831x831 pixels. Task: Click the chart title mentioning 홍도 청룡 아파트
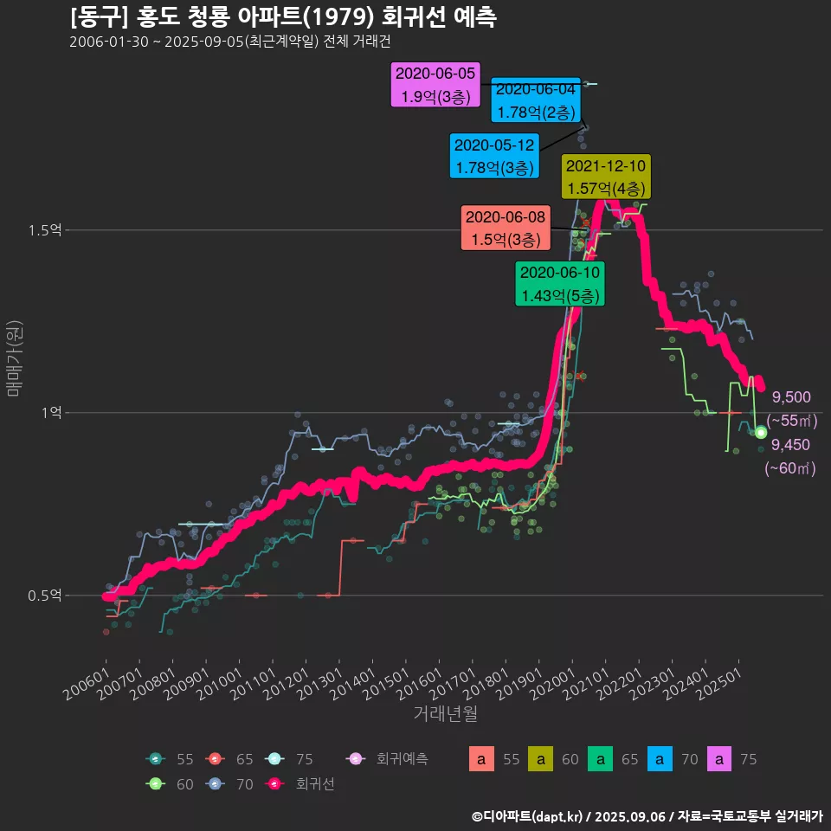coord(283,17)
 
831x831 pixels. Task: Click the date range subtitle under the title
coord(230,42)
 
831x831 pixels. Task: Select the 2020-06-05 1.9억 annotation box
coord(436,85)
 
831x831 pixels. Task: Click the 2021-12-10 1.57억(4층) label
coord(605,177)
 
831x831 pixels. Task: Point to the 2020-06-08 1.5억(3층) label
coord(506,228)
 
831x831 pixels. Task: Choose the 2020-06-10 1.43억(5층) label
coord(560,284)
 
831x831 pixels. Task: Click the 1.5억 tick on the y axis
coord(44,230)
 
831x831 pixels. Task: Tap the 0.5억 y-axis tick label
coord(44,596)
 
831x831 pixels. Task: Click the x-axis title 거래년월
coord(445,714)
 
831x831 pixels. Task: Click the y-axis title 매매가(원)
coord(14,358)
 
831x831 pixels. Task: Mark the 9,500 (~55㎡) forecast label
coord(791,409)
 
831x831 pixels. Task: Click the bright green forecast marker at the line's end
coord(761,432)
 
